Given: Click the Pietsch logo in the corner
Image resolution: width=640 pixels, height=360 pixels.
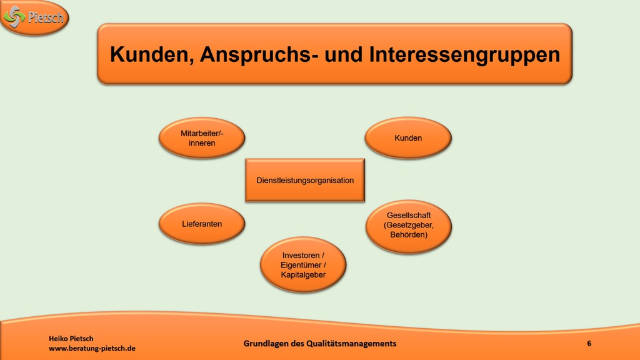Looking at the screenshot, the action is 34,17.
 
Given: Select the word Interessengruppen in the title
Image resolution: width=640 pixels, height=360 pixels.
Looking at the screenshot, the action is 464,55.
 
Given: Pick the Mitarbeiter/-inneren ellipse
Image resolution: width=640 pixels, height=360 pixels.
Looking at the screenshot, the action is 202,138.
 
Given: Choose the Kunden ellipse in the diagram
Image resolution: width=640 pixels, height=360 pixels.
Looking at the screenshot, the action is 408,138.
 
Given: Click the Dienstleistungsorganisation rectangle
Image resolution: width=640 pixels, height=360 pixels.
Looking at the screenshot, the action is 305,181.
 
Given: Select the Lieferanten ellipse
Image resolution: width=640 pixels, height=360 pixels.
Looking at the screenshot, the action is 202,224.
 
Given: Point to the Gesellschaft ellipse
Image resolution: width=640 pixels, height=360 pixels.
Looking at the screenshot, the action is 409,226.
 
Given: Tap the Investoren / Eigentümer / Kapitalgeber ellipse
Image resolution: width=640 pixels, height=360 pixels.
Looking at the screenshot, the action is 303,265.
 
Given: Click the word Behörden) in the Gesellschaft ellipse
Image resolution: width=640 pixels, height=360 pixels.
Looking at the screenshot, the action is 409,235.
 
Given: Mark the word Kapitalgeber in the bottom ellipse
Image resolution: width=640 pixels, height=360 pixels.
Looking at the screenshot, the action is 303,275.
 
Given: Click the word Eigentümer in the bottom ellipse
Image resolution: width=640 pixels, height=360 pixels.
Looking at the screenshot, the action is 301,265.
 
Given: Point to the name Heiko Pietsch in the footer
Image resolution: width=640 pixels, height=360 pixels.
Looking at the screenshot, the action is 71,338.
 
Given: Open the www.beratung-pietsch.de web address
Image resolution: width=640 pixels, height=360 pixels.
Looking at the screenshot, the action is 92,349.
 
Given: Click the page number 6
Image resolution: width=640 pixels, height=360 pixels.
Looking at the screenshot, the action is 589,343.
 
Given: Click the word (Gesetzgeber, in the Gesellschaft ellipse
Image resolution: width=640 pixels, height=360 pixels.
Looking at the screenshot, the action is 409,225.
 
